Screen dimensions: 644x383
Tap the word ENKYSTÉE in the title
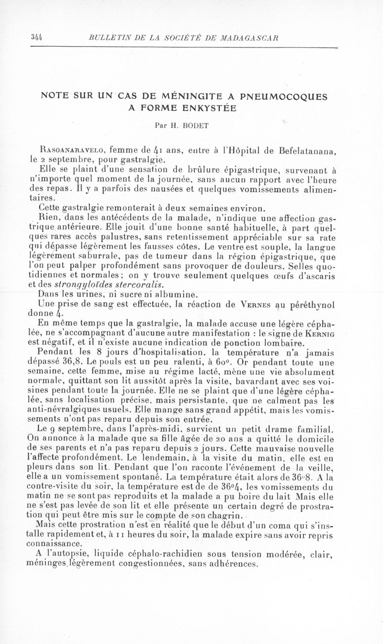pos(211,108)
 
